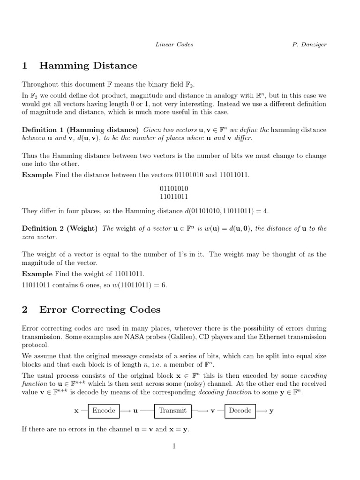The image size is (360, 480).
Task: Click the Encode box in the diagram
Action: coord(104,411)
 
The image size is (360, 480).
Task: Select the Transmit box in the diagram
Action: coord(172,411)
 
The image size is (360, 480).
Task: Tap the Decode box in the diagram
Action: coord(240,411)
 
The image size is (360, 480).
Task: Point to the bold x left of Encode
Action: coord(76,411)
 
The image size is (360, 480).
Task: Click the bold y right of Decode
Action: coord(271,411)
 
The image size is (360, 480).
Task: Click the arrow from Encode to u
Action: coord(125,411)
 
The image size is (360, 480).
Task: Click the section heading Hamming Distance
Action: coord(88,66)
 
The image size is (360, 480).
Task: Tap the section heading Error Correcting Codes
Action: coord(100,309)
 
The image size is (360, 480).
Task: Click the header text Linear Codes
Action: coord(174,45)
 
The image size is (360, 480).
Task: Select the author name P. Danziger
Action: coord(308,45)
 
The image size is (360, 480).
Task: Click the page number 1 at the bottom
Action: coord(174,446)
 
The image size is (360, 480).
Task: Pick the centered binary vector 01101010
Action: coord(174,188)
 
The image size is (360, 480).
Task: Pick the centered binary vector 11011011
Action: coord(174,197)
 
